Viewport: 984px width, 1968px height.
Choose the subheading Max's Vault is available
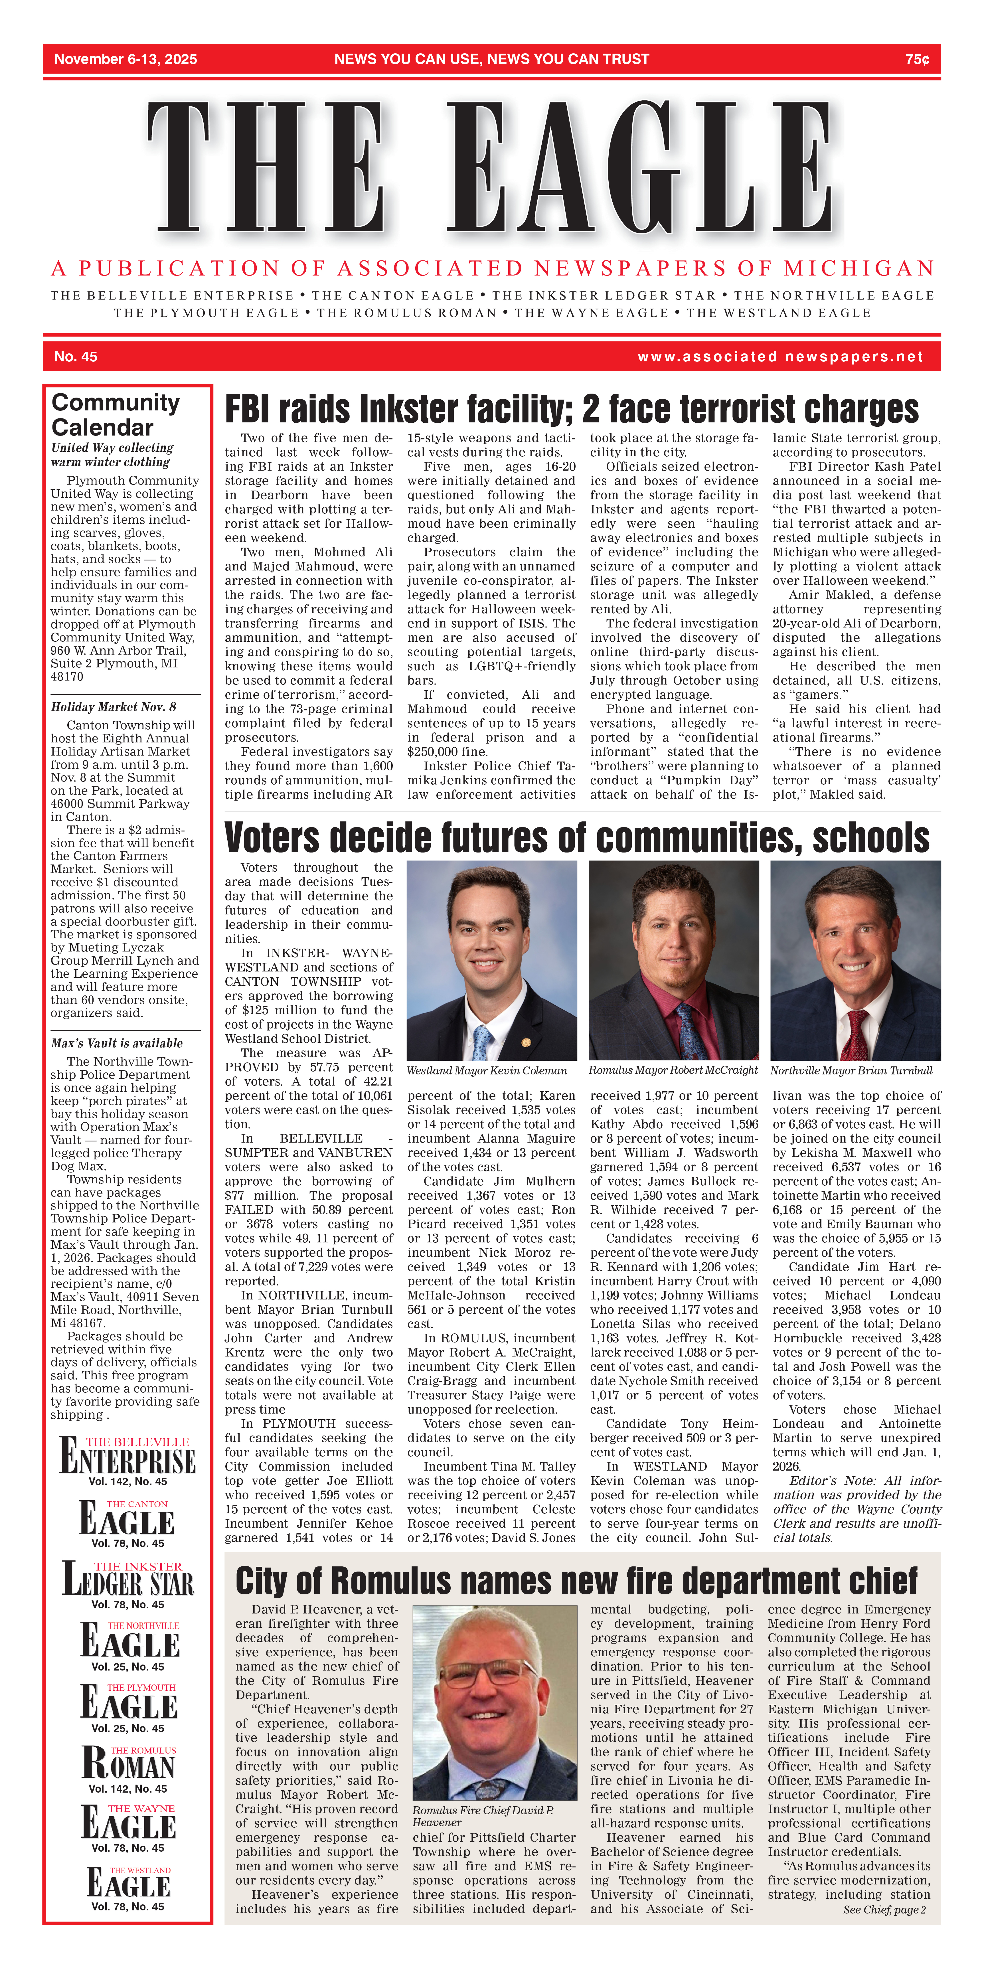tap(117, 1043)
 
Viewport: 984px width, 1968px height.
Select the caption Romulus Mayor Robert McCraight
tap(672, 1070)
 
